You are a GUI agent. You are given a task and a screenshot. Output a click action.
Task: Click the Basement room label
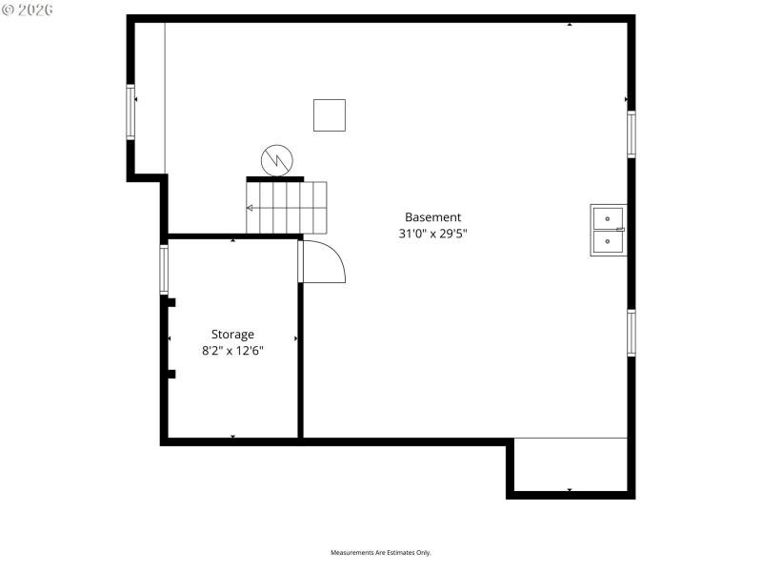click(432, 217)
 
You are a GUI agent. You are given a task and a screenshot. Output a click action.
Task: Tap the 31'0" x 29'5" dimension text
click(432, 234)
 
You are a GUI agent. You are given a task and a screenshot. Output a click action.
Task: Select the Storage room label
click(232, 335)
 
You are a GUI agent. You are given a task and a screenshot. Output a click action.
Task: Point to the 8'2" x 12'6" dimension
click(232, 351)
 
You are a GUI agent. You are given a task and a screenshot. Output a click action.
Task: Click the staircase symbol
click(287, 207)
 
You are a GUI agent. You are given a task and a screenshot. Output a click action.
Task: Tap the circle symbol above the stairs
click(277, 160)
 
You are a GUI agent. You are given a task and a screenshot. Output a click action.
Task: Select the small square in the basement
click(330, 115)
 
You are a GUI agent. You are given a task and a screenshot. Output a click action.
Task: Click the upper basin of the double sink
click(608, 217)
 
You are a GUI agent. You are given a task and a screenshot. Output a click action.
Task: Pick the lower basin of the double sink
click(608, 242)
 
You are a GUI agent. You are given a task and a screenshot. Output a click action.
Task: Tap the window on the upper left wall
click(131, 112)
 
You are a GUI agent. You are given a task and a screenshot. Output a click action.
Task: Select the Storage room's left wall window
click(164, 269)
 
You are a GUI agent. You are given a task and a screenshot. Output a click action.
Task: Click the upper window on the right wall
click(631, 133)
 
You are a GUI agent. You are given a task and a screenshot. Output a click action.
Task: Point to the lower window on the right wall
click(631, 333)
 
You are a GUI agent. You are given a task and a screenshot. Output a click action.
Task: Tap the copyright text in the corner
click(28, 9)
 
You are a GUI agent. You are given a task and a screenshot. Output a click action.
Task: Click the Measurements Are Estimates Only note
click(381, 553)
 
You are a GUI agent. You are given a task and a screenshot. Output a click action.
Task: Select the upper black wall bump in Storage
click(171, 302)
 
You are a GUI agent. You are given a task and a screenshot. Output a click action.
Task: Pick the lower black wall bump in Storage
click(171, 374)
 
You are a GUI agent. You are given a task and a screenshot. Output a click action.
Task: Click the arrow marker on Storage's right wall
click(296, 338)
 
